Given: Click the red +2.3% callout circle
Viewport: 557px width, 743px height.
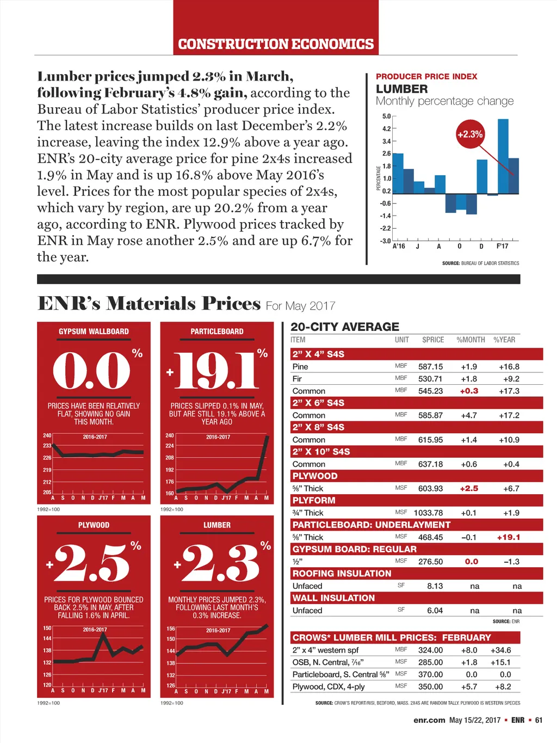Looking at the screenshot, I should click(469, 134).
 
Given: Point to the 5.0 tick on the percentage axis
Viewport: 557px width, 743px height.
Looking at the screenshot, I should click(386, 116).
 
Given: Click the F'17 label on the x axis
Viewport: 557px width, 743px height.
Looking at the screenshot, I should click(502, 246).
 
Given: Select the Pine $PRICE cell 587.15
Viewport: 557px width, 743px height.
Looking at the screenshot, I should click(430, 367).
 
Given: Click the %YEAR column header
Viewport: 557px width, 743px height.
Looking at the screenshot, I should click(504, 340).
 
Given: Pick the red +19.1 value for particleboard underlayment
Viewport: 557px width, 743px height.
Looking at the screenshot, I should click(508, 537).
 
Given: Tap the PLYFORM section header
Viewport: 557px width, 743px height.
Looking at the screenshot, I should click(314, 500).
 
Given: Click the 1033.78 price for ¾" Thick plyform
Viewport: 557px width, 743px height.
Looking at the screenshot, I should click(428, 513).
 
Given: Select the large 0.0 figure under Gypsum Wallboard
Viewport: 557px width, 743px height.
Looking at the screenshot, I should click(92, 370).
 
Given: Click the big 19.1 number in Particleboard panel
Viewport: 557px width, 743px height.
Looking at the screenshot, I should click(216, 371).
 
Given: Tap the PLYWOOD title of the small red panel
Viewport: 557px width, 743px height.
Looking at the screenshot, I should click(94, 525).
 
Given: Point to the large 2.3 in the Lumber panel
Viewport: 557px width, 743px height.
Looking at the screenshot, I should click(220, 564).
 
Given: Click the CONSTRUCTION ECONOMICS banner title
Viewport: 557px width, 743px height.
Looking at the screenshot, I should click(276, 44).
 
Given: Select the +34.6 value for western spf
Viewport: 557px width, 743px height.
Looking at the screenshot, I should click(500, 650).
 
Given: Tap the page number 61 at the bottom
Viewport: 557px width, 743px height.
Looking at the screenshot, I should click(539, 720).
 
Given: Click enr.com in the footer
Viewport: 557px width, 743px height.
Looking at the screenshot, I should click(429, 720).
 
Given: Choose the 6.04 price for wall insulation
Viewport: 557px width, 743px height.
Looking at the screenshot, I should click(435, 611).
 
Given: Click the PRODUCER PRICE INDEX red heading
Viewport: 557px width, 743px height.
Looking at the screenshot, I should click(426, 77).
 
